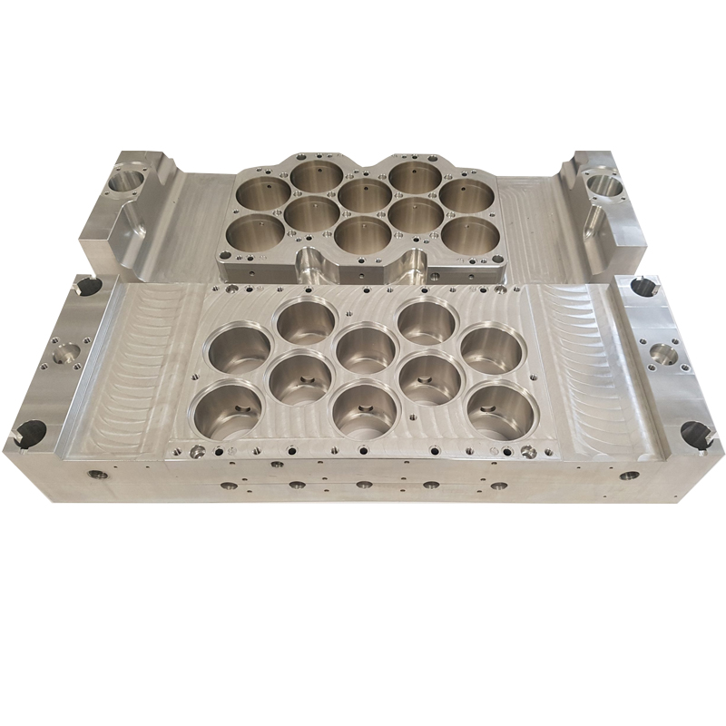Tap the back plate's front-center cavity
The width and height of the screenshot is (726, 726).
pyautogui.click(x=363, y=233)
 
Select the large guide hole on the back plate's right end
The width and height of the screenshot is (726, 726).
pyautogui.click(x=603, y=186)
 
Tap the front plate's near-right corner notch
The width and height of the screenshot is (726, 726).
pyautogui.click(x=697, y=433)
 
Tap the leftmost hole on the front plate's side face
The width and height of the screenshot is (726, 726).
pyautogui.click(x=93, y=474)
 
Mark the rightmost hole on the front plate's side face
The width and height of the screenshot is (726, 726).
pyautogui.click(x=626, y=474)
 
